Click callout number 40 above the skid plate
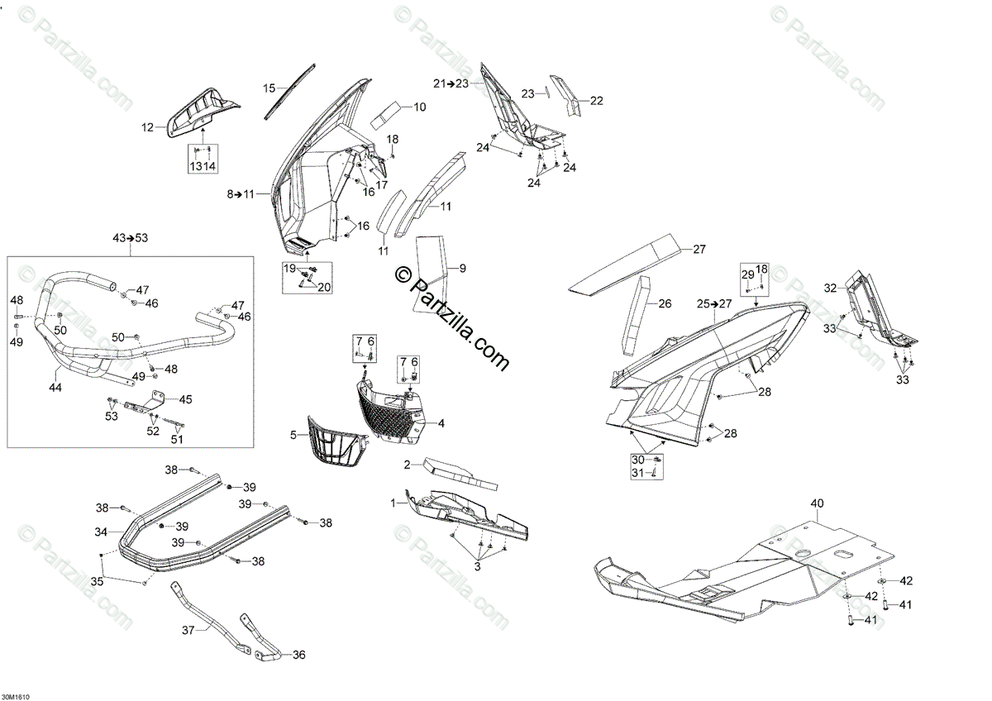(818, 503)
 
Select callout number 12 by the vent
(147, 127)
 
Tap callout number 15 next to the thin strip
(269, 88)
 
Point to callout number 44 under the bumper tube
(55, 387)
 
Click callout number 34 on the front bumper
(100, 532)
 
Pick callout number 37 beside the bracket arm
(188, 630)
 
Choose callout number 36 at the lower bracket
(298, 655)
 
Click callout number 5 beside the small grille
(293, 434)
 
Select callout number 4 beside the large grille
(441, 423)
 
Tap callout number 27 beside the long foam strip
(699, 249)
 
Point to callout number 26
(665, 303)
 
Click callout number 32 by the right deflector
(830, 288)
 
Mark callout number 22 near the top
(597, 101)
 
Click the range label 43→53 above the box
(130, 238)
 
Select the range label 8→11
(241, 194)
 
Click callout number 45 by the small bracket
(185, 399)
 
